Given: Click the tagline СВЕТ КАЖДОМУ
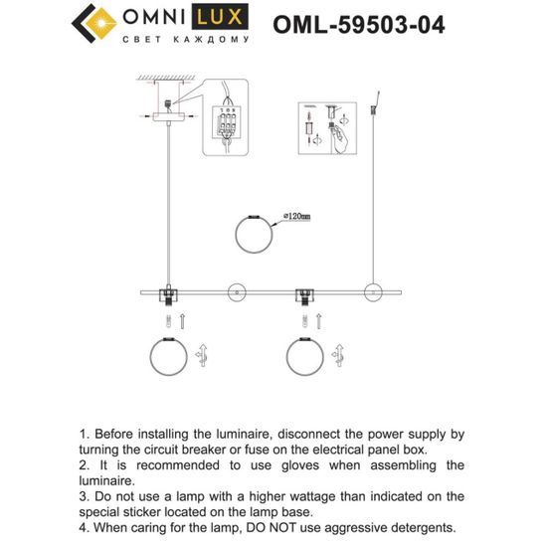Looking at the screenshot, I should pyautogui.click(x=185, y=40).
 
